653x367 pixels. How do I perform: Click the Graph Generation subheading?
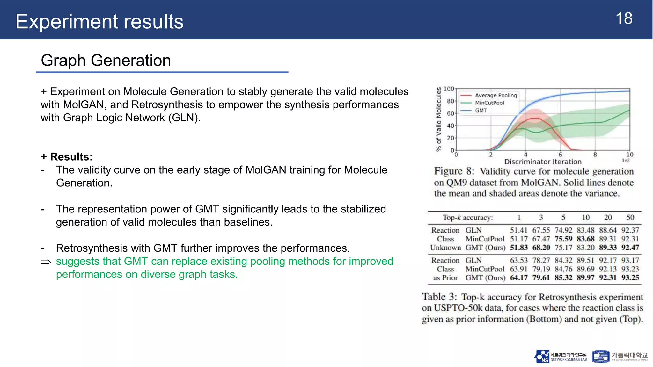pyautogui.click(x=106, y=61)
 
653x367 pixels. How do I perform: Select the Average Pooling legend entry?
pyautogui.click(x=495, y=95)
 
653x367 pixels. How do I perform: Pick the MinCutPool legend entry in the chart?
pyautogui.click(x=489, y=103)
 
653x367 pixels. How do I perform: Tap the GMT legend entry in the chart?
pyautogui.click(x=481, y=111)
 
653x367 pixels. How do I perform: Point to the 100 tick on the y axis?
pyautogui.click(x=449, y=89)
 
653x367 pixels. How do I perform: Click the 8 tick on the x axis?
pyautogui.click(x=595, y=155)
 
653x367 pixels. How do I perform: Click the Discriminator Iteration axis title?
pyautogui.click(x=543, y=162)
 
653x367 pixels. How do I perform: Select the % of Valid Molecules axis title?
pyautogui.click(x=439, y=119)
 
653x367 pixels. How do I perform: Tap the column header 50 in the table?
pyautogui.click(x=630, y=218)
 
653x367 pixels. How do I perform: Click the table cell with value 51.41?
pyautogui.click(x=519, y=230)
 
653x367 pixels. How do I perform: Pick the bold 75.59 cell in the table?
pyautogui.click(x=563, y=239)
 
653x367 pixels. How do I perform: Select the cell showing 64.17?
pyautogui.click(x=519, y=278)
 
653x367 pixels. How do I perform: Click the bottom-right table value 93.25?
pyautogui.click(x=630, y=278)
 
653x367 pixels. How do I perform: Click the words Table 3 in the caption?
pyautogui.click(x=439, y=297)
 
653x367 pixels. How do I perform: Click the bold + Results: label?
pyautogui.click(x=67, y=157)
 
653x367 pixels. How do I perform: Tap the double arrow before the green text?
pyautogui.click(x=46, y=262)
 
